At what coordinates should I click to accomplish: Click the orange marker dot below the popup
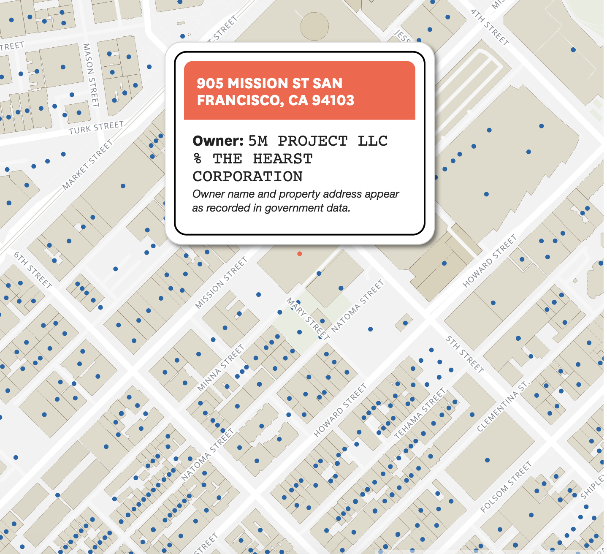299,254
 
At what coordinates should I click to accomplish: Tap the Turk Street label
96,128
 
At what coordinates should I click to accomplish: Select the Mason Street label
91,75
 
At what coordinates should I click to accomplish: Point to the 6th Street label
33,270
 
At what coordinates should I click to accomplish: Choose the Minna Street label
221,367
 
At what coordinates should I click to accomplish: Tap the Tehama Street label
420,413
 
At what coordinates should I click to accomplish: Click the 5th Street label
465,354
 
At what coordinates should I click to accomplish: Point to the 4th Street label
490,27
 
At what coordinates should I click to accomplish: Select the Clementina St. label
503,406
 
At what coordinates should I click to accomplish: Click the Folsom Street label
506,487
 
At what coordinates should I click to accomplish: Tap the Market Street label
88,165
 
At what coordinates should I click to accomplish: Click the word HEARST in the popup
282,159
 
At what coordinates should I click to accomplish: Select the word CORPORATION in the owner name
248,177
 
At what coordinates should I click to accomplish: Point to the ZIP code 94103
333,100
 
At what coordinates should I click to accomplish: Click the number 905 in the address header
210,83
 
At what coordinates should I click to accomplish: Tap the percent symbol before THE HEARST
198,159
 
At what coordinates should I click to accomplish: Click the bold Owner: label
218,141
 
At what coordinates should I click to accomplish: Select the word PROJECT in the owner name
313,141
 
